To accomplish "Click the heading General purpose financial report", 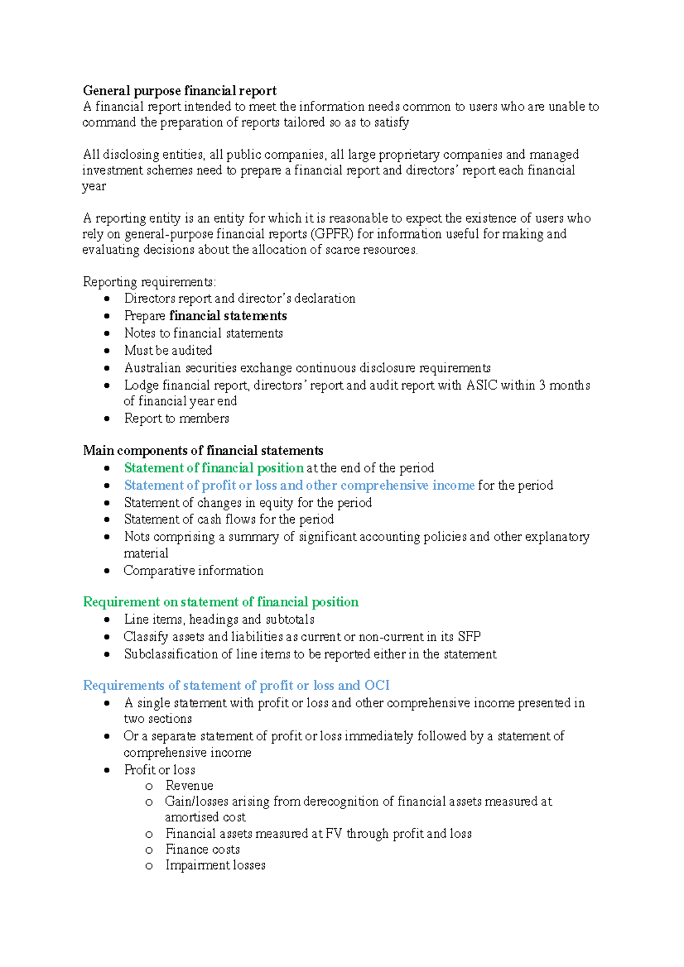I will click(180, 91).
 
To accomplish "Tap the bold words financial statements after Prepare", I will click(228, 316).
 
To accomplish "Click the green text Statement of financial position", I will click(214, 468).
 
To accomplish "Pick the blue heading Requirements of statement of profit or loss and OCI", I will click(236, 686).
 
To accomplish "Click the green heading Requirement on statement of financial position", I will click(221, 602).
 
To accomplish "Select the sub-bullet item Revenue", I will click(189, 786).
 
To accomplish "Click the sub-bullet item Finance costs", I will click(202, 850).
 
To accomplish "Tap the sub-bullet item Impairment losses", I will click(215, 866).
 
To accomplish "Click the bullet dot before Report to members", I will click(107, 419).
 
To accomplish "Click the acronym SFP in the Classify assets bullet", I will click(469, 637).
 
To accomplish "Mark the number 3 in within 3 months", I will click(542, 386).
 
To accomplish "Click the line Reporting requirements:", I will click(149, 282).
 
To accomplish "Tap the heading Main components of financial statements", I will click(203, 450).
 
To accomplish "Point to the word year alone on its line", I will click(94, 187).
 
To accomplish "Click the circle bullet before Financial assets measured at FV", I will click(149, 834).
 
